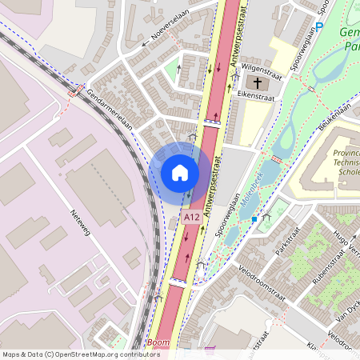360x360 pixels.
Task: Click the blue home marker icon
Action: [x=180, y=173]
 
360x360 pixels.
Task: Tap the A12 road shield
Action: [x=190, y=217]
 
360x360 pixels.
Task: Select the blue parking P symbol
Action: [x=319, y=27]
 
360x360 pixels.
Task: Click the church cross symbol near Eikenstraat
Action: [x=258, y=83]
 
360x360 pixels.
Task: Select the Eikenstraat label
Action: [x=255, y=95]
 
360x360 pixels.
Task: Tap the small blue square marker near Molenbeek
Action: [x=254, y=218]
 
